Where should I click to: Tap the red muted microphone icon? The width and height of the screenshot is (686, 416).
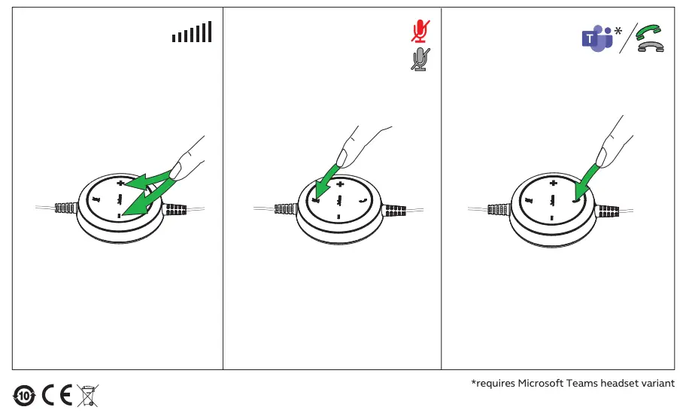(x=420, y=31)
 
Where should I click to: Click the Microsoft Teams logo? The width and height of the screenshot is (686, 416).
(x=596, y=38)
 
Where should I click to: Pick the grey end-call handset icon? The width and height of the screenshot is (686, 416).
(x=650, y=47)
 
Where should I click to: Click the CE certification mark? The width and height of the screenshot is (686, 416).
(x=56, y=394)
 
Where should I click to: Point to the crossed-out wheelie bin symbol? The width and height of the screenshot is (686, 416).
(x=87, y=394)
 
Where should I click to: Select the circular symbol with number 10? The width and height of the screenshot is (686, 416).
(x=24, y=394)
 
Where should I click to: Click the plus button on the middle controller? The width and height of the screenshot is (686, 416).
(x=340, y=184)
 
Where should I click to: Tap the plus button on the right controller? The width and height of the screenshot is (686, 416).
(x=554, y=184)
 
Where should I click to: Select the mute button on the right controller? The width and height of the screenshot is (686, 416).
(x=529, y=200)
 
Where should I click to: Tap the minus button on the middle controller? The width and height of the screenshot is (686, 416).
(x=338, y=217)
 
